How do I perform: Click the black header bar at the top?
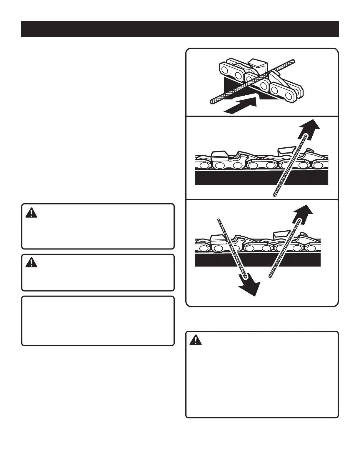(180, 29)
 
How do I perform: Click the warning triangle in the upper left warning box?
(31, 213)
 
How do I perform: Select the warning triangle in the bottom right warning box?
(195, 340)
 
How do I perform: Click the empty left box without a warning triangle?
(98, 321)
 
